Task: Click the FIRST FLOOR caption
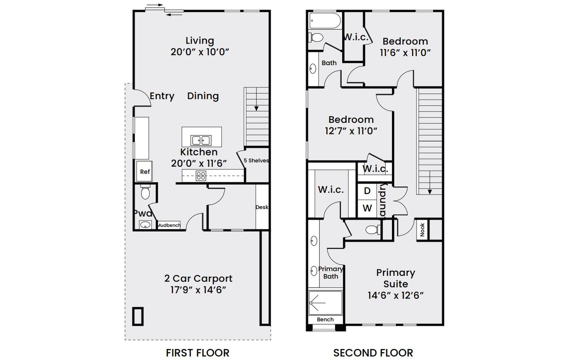click(x=197, y=353)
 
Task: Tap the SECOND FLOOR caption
click(x=373, y=353)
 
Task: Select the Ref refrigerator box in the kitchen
click(x=145, y=172)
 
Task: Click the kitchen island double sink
click(x=201, y=140)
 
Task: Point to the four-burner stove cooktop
click(x=201, y=176)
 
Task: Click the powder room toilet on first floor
click(x=145, y=192)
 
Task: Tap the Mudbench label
click(x=168, y=225)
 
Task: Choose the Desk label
click(x=262, y=207)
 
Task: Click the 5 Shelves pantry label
click(x=256, y=161)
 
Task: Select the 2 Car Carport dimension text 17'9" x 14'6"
click(x=198, y=290)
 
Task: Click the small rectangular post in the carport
click(x=139, y=316)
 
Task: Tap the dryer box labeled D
click(x=367, y=191)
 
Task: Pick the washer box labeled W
click(x=367, y=207)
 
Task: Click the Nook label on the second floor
click(x=422, y=230)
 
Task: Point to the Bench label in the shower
click(x=325, y=320)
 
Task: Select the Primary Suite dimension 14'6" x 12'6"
click(x=395, y=295)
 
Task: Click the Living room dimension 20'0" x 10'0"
click(x=200, y=52)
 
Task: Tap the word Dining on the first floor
click(x=203, y=96)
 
